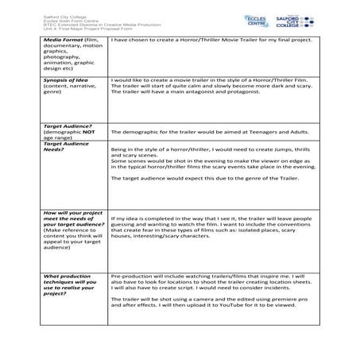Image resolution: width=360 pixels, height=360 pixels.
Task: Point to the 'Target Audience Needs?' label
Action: coord(68,146)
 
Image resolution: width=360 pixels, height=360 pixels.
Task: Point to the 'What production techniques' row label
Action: coord(71,281)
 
